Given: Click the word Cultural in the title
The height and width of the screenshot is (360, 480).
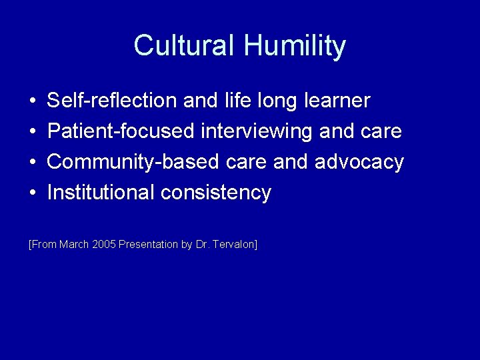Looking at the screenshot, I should pos(185,46).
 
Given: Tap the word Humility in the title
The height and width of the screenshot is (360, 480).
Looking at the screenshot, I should pos(295,46).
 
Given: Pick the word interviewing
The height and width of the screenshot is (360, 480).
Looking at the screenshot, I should pos(257,131).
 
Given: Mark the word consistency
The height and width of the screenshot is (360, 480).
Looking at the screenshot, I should pos(216,193).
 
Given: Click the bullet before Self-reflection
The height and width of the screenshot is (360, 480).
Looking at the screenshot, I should pos(33,101).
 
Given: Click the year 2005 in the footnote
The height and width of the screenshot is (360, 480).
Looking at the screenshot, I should pos(103,245).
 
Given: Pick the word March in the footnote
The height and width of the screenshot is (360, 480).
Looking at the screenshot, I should pos(74,245).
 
